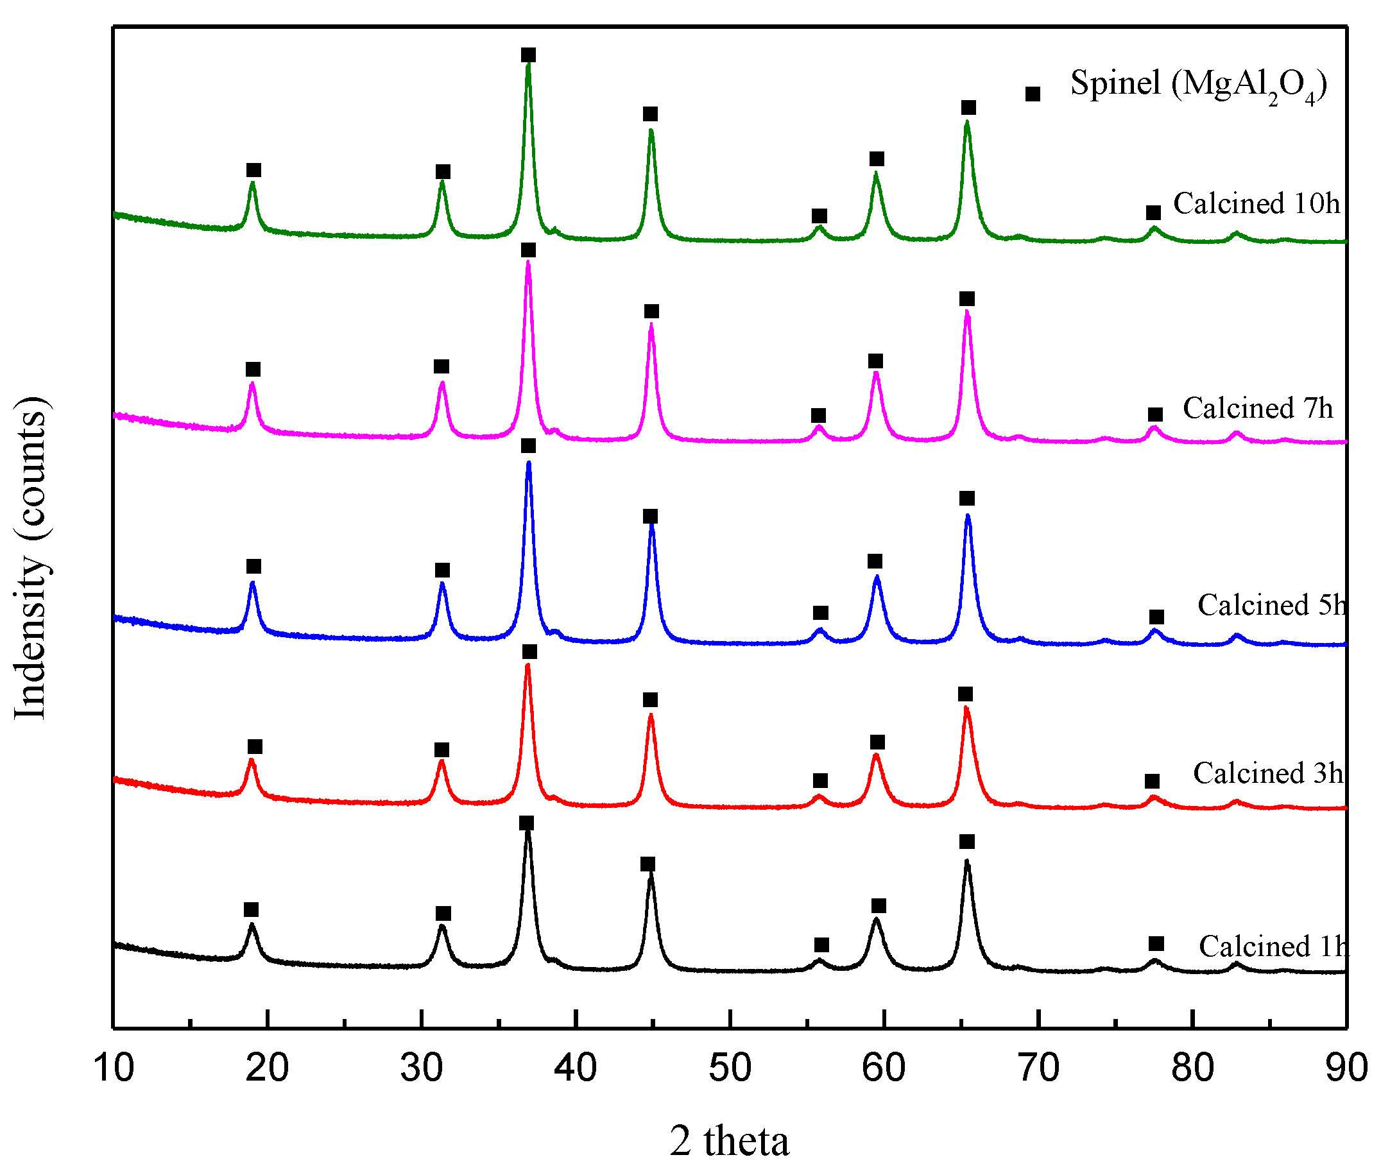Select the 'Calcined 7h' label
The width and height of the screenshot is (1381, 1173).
(x=1257, y=408)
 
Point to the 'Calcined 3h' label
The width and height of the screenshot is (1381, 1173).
(x=1267, y=773)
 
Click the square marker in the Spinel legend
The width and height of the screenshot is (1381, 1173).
(x=1032, y=94)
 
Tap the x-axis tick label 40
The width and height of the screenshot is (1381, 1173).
(x=575, y=1067)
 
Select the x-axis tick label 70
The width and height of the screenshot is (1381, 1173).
(x=1038, y=1067)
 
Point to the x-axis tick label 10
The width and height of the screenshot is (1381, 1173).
(x=114, y=1067)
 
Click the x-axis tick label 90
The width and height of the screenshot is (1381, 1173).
(x=1346, y=1067)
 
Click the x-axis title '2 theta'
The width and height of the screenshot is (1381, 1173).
(x=729, y=1141)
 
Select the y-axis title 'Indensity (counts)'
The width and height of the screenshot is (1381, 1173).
(x=30, y=557)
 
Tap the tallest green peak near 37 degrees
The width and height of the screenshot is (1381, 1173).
(x=528, y=67)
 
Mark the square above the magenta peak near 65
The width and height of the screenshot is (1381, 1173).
(x=967, y=298)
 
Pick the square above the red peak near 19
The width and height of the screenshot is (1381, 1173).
(x=255, y=747)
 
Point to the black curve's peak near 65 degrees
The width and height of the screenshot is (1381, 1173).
(x=967, y=864)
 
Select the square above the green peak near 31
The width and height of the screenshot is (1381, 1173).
(x=443, y=171)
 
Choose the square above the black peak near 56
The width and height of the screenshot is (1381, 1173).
(x=821, y=945)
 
